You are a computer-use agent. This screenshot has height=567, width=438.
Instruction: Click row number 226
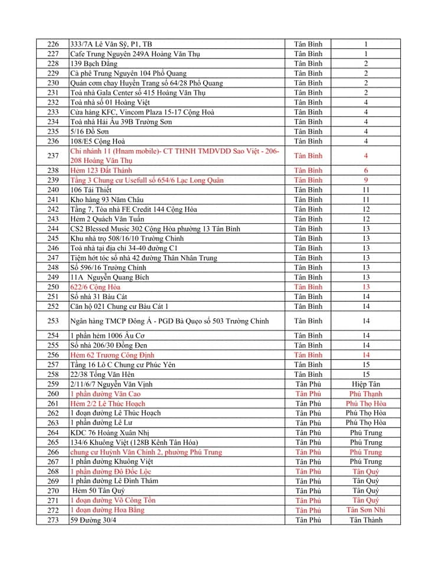pos(53,44)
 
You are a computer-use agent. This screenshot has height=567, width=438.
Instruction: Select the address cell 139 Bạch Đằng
pos(93,64)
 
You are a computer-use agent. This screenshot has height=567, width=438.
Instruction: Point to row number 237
pos(53,156)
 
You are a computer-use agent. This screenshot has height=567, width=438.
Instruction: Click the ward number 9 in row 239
pos(366,180)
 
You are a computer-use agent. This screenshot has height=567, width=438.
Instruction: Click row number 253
pos(53,321)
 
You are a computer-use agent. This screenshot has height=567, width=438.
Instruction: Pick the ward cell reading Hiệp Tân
pos(366,384)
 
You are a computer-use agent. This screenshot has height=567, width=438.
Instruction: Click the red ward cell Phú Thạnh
pos(366,394)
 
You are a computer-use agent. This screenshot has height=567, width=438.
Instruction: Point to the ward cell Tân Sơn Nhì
pos(366,510)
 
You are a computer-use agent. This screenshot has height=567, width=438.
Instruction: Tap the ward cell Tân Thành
pos(366,520)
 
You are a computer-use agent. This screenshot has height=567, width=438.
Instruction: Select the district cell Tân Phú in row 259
pos(308,384)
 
